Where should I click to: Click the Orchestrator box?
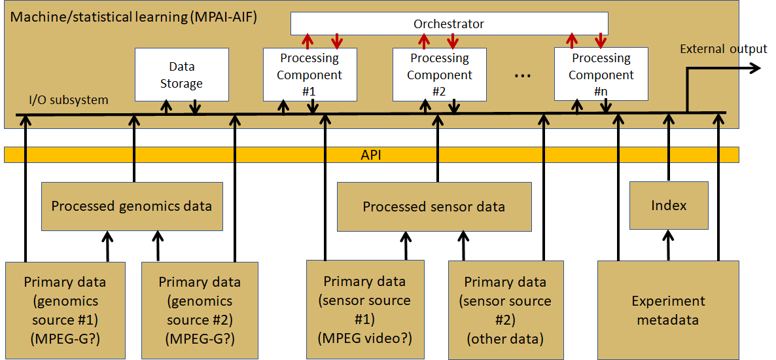pyautogui.click(x=449, y=24)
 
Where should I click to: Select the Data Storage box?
pyautogui.click(x=182, y=74)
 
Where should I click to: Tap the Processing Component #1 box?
pyautogui.click(x=309, y=74)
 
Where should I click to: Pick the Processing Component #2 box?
pyautogui.click(x=440, y=74)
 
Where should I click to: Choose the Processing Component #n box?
pyautogui.click(x=601, y=74)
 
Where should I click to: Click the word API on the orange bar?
pyautogui.click(x=371, y=155)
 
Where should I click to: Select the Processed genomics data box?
pyautogui.click(x=132, y=206)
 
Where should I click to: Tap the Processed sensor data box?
pyautogui.click(x=434, y=206)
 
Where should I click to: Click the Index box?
pyautogui.click(x=669, y=206)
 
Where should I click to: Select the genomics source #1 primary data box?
pyautogui.click(x=64, y=310)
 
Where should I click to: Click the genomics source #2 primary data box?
pyautogui.click(x=200, y=310)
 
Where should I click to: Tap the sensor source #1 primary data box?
pyautogui.click(x=364, y=310)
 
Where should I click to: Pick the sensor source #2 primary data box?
pyautogui.click(x=505, y=310)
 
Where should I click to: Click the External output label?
pyautogui.click(x=724, y=49)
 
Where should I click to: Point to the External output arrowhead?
pyautogui.click(x=754, y=68)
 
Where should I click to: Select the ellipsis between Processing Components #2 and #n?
pyautogui.click(x=523, y=76)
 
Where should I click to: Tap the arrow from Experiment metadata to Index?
pyautogui.click(x=669, y=245)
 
